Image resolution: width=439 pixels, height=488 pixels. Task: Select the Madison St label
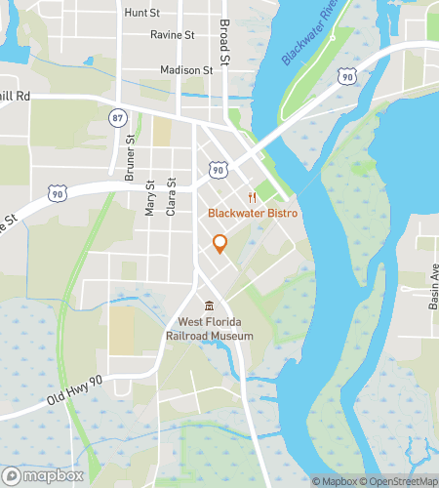click(x=186, y=70)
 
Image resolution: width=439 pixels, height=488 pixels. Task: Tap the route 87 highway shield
click(x=118, y=117)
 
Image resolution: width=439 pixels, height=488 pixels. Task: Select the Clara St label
click(x=172, y=196)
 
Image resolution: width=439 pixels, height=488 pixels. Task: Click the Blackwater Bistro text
click(x=251, y=213)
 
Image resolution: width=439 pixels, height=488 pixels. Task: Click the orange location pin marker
click(x=219, y=243)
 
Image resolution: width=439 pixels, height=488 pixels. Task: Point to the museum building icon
click(x=208, y=305)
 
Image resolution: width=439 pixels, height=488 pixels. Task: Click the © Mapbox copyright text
click(x=334, y=480)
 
